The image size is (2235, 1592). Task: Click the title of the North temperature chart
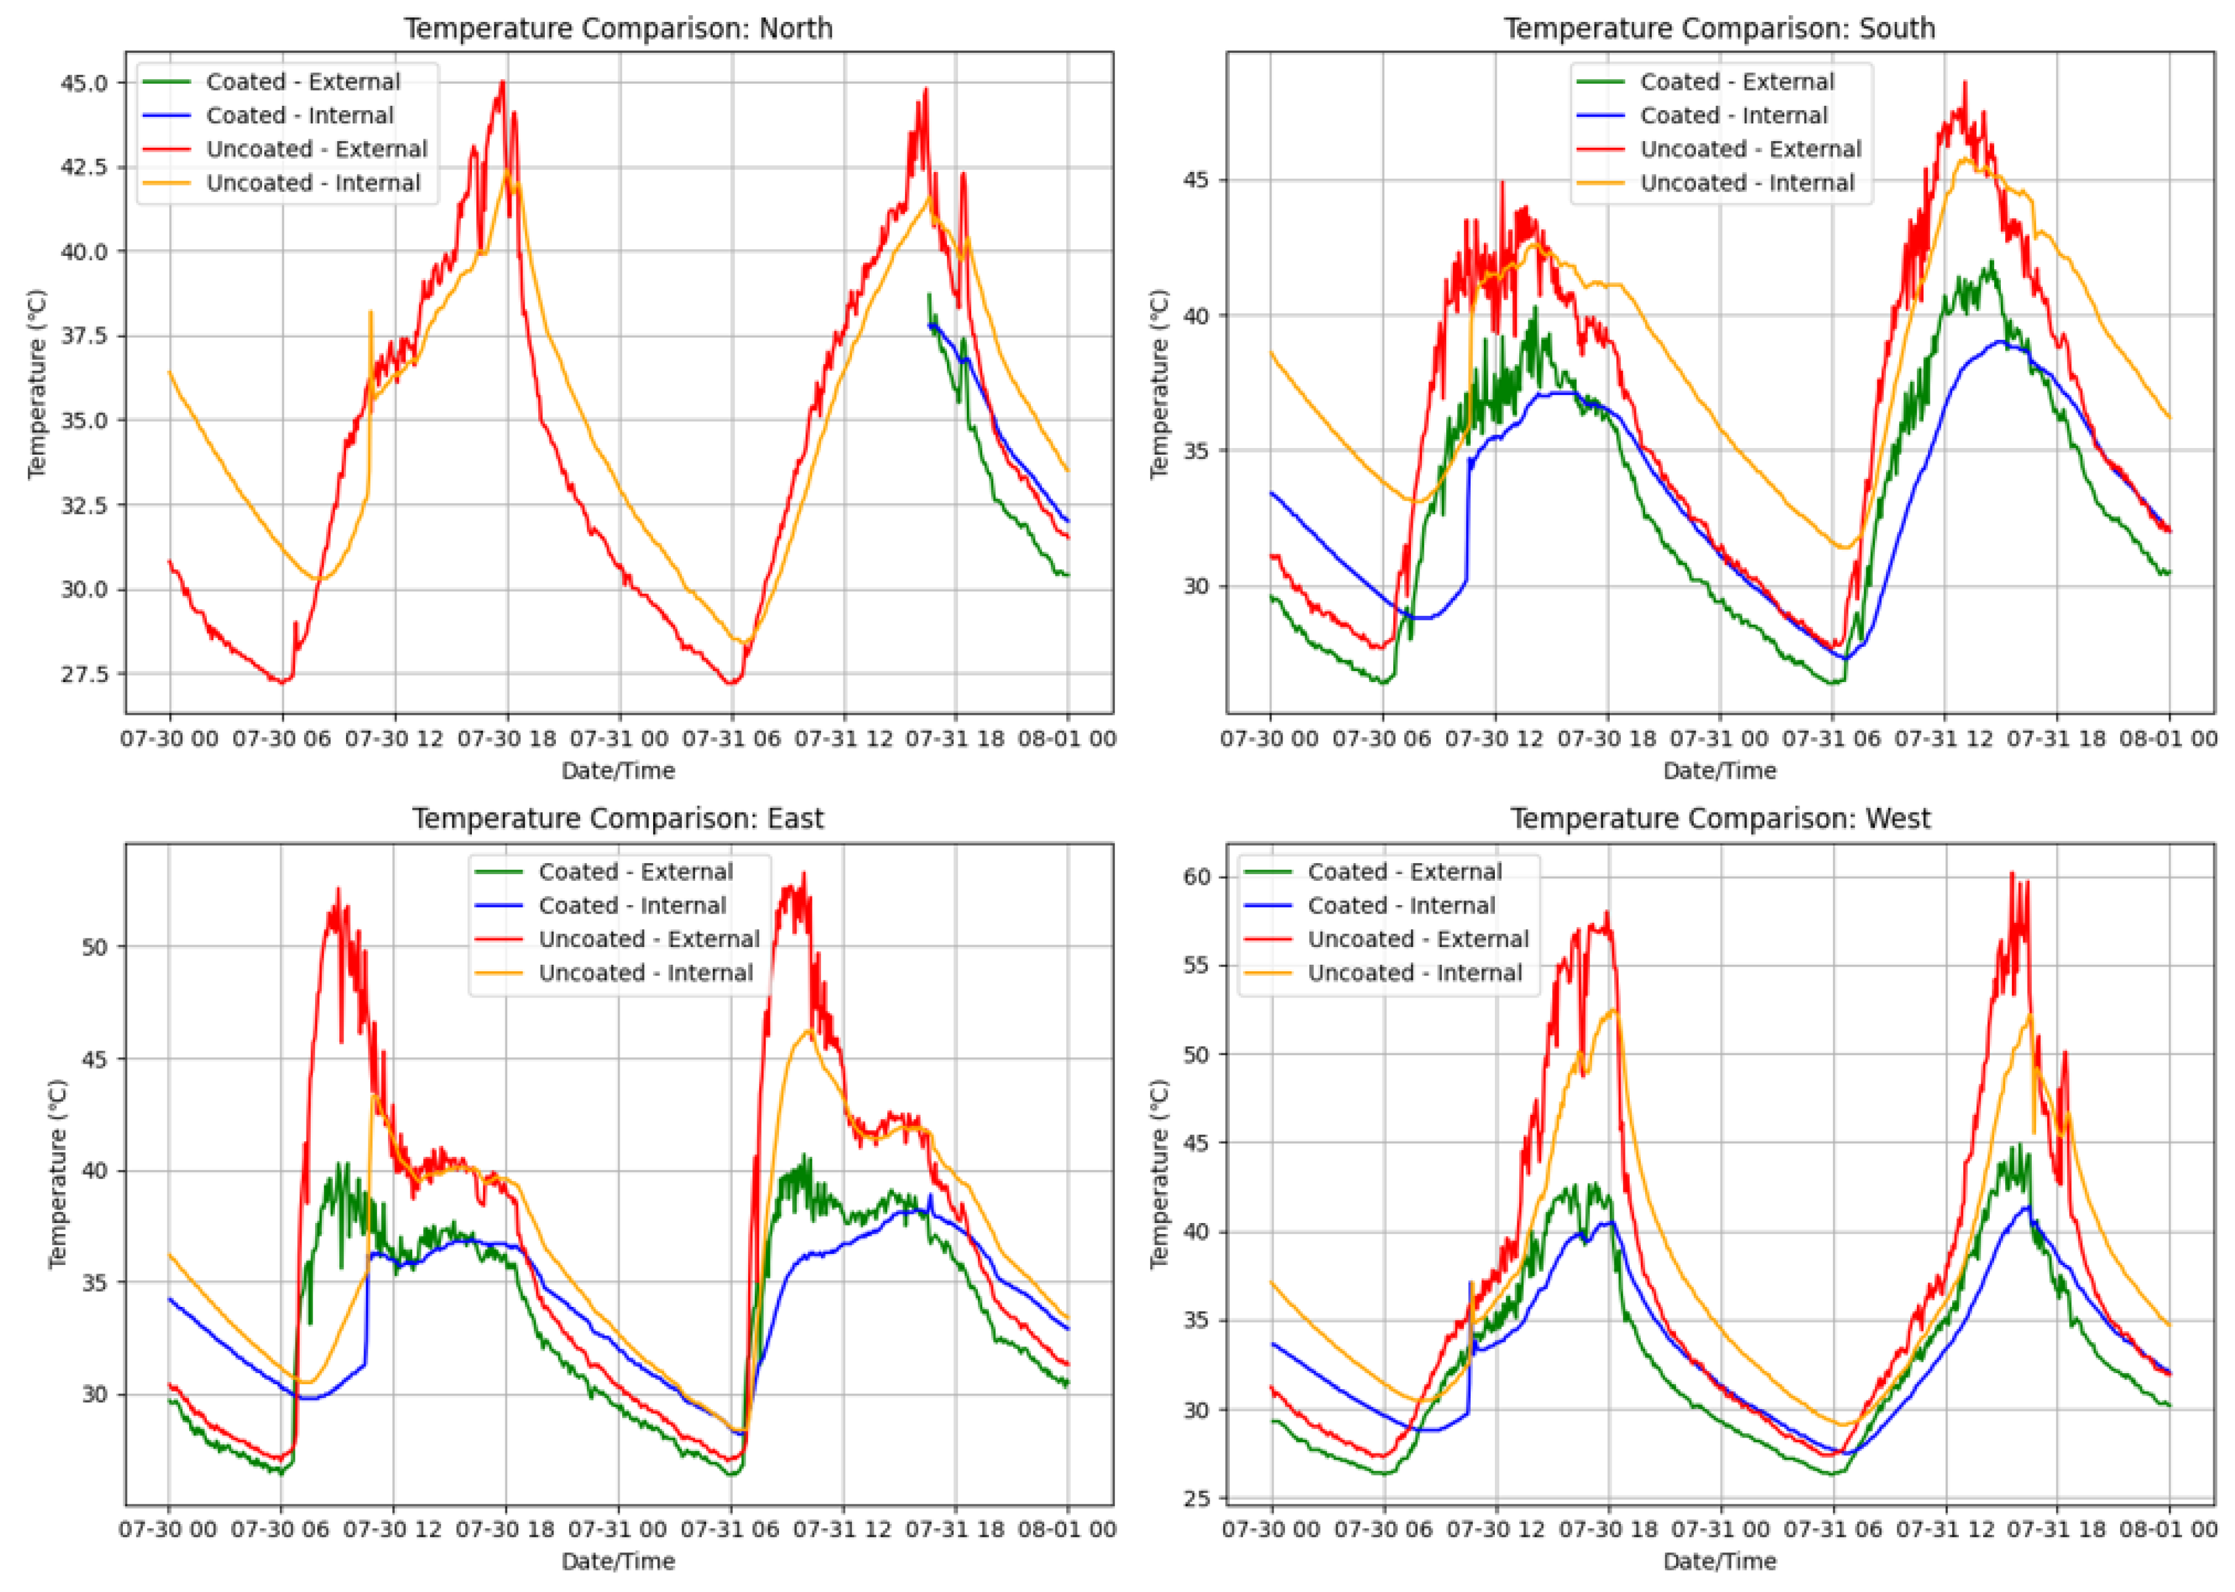[618, 29]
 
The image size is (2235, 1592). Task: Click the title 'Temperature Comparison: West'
[1719, 819]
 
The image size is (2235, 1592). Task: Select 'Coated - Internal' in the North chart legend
[299, 115]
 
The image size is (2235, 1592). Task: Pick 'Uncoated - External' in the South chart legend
[1750, 149]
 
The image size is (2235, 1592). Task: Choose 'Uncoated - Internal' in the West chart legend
[1414, 973]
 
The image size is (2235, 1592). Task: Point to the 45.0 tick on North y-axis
[85, 83]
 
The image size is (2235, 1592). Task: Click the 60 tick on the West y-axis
[1197, 877]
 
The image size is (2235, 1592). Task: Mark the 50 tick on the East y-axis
[95, 947]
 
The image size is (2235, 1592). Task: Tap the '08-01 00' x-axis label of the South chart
[2167, 738]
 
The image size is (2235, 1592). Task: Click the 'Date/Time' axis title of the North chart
[618, 771]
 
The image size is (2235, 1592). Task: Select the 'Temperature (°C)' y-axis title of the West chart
[1160, 1173]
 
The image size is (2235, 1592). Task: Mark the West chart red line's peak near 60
[2011, 874]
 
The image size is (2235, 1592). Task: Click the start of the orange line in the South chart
[1271, 352]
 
